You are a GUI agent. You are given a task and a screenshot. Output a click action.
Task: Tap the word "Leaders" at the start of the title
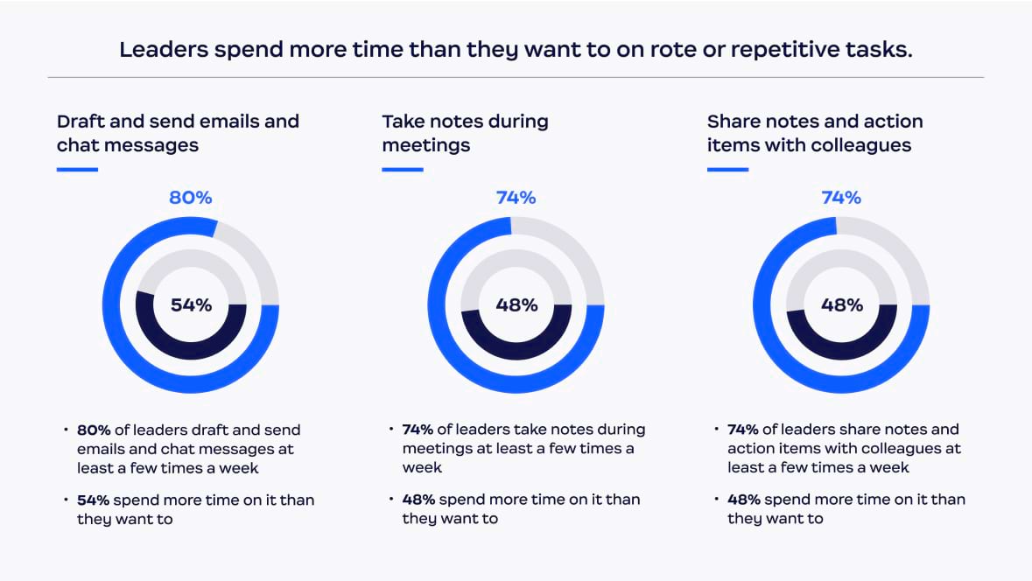click(x=158, y=49)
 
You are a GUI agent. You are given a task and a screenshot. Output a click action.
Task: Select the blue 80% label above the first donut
click(x=191, y=198)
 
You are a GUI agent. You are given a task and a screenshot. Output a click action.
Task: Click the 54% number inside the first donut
click(x=191, y=305)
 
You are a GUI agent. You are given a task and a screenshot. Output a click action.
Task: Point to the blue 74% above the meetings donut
click(x=516, y=198)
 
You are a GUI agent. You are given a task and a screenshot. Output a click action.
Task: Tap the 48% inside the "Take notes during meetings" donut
click(x=516, y=305)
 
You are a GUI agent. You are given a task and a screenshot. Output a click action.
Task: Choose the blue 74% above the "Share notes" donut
click(x=841, y=198)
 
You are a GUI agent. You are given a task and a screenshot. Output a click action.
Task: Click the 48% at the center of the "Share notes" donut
click(x=842, y=305)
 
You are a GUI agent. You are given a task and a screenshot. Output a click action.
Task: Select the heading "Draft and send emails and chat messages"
click(x=178, y=133)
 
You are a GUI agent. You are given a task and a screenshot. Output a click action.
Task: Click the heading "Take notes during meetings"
click(x=465, y=133)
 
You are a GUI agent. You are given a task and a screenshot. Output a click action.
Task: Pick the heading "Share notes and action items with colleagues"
click(x=814, y=133)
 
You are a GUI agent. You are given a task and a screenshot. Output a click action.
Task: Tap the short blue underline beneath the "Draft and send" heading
click(x=77, y=169)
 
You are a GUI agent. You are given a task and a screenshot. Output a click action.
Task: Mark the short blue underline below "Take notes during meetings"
click(x=403, y=169)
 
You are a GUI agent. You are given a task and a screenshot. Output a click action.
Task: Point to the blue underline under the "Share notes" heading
click(x=727, y=169)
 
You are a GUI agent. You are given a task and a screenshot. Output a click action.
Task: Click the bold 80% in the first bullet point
click(x=93, y=430)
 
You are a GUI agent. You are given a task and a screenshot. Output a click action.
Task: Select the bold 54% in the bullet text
click(x=93, y=500)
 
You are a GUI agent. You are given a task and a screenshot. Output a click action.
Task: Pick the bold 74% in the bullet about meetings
click(x=418, y=430)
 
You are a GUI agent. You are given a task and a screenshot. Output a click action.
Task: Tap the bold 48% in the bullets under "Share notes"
click(x=743, y=500)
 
